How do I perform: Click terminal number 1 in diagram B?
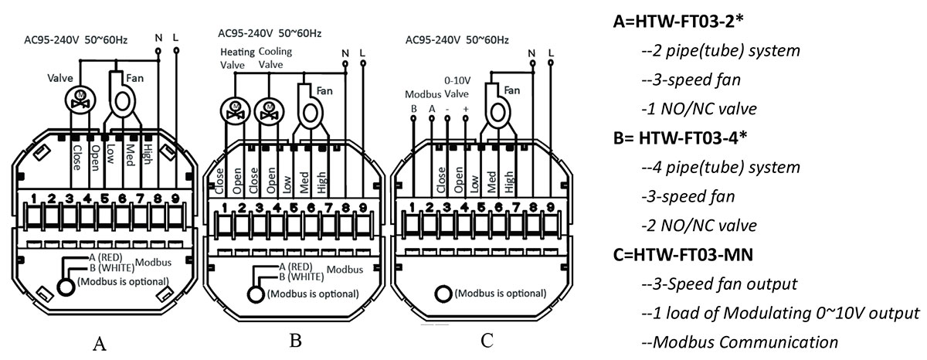(225, 207)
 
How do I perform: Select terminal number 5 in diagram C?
(482, 206)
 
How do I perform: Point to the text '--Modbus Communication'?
(739, 342)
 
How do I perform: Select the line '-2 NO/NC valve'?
(698, 226)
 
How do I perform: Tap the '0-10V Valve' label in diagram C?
(457, 87)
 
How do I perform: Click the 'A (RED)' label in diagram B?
(299, 267)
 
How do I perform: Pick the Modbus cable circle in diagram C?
(443, 294)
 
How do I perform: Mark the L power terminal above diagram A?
(176, 49)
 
